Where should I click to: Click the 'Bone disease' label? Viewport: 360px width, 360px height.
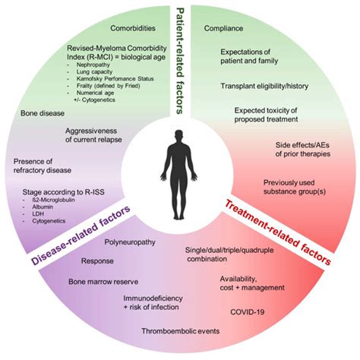pos(43,112)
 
